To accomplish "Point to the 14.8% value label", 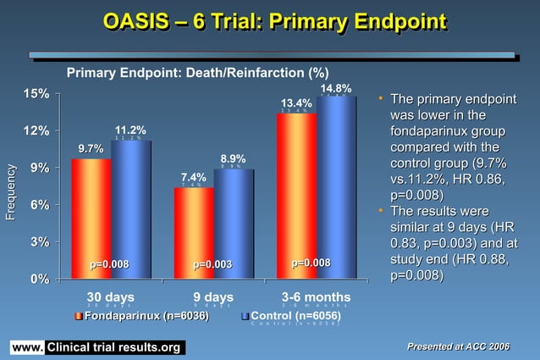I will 336,88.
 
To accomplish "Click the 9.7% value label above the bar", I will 91,149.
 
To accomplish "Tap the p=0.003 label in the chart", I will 212,265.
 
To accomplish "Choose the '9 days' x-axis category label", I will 212,296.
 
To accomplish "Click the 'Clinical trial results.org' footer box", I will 113,348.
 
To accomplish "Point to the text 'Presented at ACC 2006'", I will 460,346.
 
